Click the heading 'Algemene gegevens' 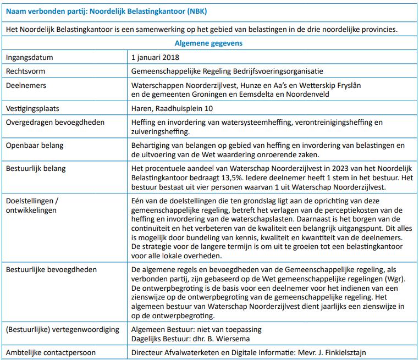point(209,43)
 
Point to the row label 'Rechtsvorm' point(27,71)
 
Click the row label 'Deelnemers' point(26,86)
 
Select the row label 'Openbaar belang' point(35,146)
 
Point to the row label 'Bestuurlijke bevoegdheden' point(51,270)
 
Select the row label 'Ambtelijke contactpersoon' point(51,352)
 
